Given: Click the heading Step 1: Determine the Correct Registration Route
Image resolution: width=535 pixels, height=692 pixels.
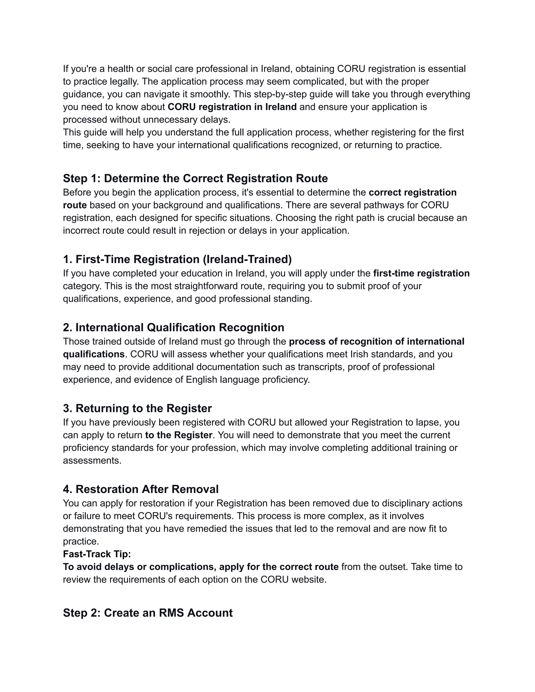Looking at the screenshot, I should [x=195, y=178].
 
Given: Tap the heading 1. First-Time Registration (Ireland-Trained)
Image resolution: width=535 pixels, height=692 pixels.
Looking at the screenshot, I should [x=177, y=259].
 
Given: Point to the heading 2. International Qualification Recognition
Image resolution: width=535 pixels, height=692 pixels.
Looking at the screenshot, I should [x=173, y=327].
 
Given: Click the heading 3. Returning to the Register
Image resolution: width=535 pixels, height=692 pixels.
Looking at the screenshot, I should [x=137, y=408].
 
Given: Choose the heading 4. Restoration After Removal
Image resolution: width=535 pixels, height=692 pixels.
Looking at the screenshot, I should [x=141, y=489].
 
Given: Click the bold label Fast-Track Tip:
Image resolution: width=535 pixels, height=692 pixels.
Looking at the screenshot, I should [x=97, y=554].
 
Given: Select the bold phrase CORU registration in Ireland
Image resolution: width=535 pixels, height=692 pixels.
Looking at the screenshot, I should [x=232, y=107].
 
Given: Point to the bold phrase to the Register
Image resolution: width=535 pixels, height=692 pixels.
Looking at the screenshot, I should [x=178, y=435].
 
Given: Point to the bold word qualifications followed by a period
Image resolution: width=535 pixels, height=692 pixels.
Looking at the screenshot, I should [x=94, y=354].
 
